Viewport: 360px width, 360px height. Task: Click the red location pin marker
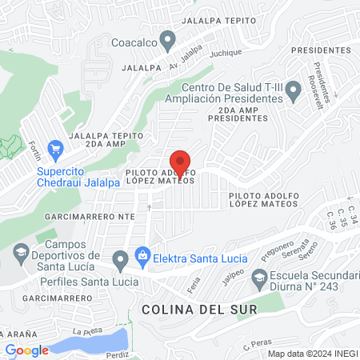coord(181,163)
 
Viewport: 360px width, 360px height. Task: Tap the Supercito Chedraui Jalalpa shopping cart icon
coord(55,149)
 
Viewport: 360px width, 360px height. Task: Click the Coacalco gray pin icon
coord(167,39)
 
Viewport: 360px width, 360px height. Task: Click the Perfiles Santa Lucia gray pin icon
coord(120,259)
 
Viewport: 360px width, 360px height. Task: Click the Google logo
coord(27,350)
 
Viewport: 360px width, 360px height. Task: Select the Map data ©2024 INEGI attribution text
coord(312,354)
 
